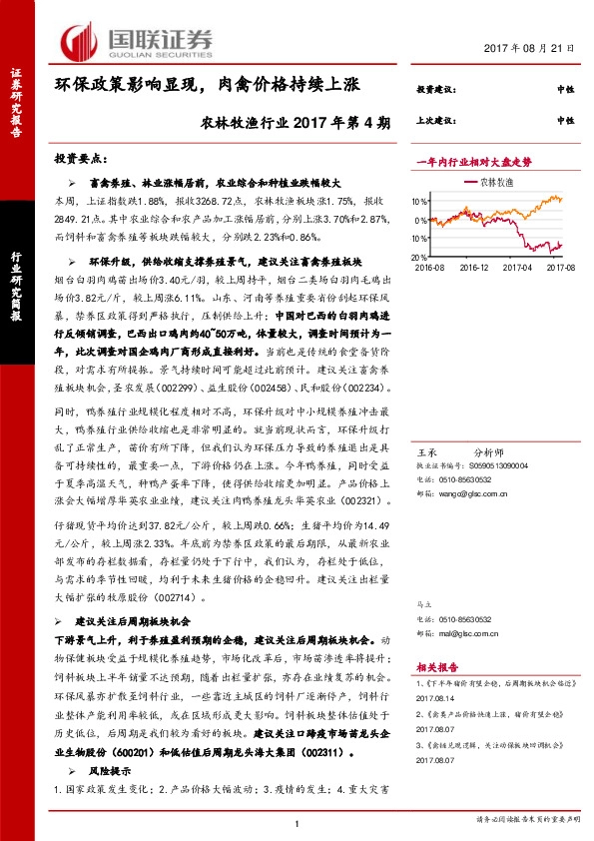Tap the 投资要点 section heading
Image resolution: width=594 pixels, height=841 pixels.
point(80,159)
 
